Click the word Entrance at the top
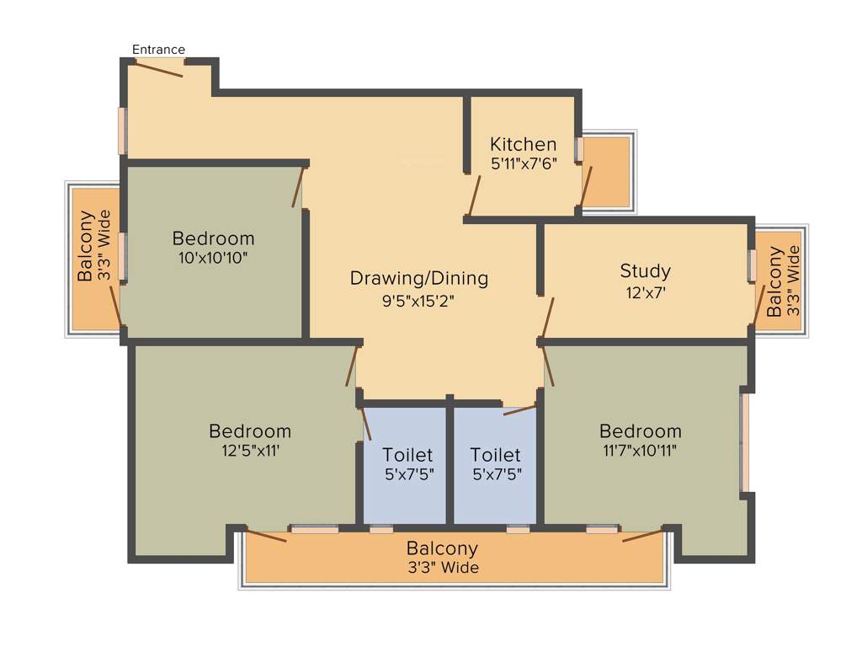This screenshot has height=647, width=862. click(x=158, y=50)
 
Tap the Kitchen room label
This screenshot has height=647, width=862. click(x=523, y=144)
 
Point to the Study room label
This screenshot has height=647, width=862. click(x=645, y=270)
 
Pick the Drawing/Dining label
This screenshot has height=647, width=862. click(x=418, y=278)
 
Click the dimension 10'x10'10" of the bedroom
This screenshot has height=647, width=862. click(x=213, y=258)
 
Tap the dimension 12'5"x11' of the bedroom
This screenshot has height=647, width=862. click(x=250, y=451)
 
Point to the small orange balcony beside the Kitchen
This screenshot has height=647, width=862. click(x=606, y=172)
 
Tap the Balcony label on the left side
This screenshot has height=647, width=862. click(x=86, y=246)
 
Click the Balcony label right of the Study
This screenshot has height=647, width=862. click(x=775, y=281)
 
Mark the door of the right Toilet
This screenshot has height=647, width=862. click(x=519, y=410)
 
